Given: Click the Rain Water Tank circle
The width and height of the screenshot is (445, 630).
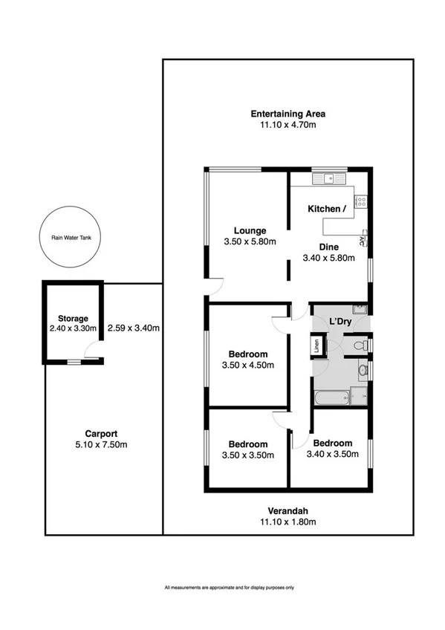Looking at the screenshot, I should click(x=68, y=238).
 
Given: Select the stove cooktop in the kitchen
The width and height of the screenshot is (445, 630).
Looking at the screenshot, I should click(x=362, y=200).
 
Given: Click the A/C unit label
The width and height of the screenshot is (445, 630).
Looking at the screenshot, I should click(x=362, y=239).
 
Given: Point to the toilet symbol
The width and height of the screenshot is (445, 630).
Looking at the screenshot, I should click(x=359, y=345).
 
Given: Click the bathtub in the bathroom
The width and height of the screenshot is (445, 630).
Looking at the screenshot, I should click(x=332, y=398).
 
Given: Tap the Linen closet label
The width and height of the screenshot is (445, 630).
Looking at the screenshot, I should click(x=316, y=345).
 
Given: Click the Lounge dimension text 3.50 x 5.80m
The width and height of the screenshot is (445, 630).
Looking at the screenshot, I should click(x=250, y=241).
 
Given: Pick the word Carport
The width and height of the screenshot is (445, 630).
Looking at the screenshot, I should click(x=101, y=434).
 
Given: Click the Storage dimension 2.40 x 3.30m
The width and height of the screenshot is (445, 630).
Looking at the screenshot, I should click(x=68, y=328).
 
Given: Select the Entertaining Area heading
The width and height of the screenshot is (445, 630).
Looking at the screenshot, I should click(x=288, y=114).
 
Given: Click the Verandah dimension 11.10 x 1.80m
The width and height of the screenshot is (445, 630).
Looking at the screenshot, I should click(x=288, y=522).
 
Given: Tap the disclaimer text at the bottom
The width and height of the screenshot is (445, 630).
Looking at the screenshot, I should click(x=230, y=588).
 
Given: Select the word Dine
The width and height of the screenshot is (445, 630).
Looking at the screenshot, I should click(x=328, y=247).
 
